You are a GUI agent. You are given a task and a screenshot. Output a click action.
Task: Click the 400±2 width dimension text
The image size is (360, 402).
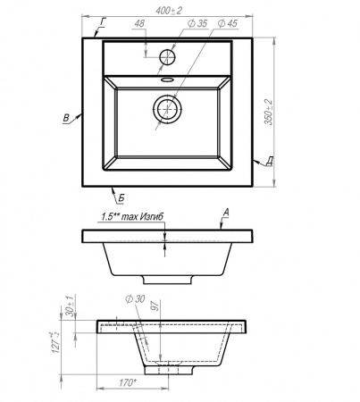(x=169, y=11)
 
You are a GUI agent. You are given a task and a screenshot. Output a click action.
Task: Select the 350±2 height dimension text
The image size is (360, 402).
(x=269, y=112)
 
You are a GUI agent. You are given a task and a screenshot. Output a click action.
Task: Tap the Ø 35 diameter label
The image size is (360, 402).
(x=197, y=23)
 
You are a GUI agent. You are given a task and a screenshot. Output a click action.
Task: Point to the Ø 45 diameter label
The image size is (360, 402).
(x=228, y=23)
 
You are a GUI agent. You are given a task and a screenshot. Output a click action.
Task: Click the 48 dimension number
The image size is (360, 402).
(x=139, y=24)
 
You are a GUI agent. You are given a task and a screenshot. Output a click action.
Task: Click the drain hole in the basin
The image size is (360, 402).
(x=167, y=109)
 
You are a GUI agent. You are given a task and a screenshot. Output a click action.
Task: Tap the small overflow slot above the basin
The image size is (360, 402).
(x=167, y=80)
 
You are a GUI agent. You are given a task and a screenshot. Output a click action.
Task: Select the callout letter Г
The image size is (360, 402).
(x=104, y=22)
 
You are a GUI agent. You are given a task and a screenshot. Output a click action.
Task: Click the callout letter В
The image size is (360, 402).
(x=66, y=118)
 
